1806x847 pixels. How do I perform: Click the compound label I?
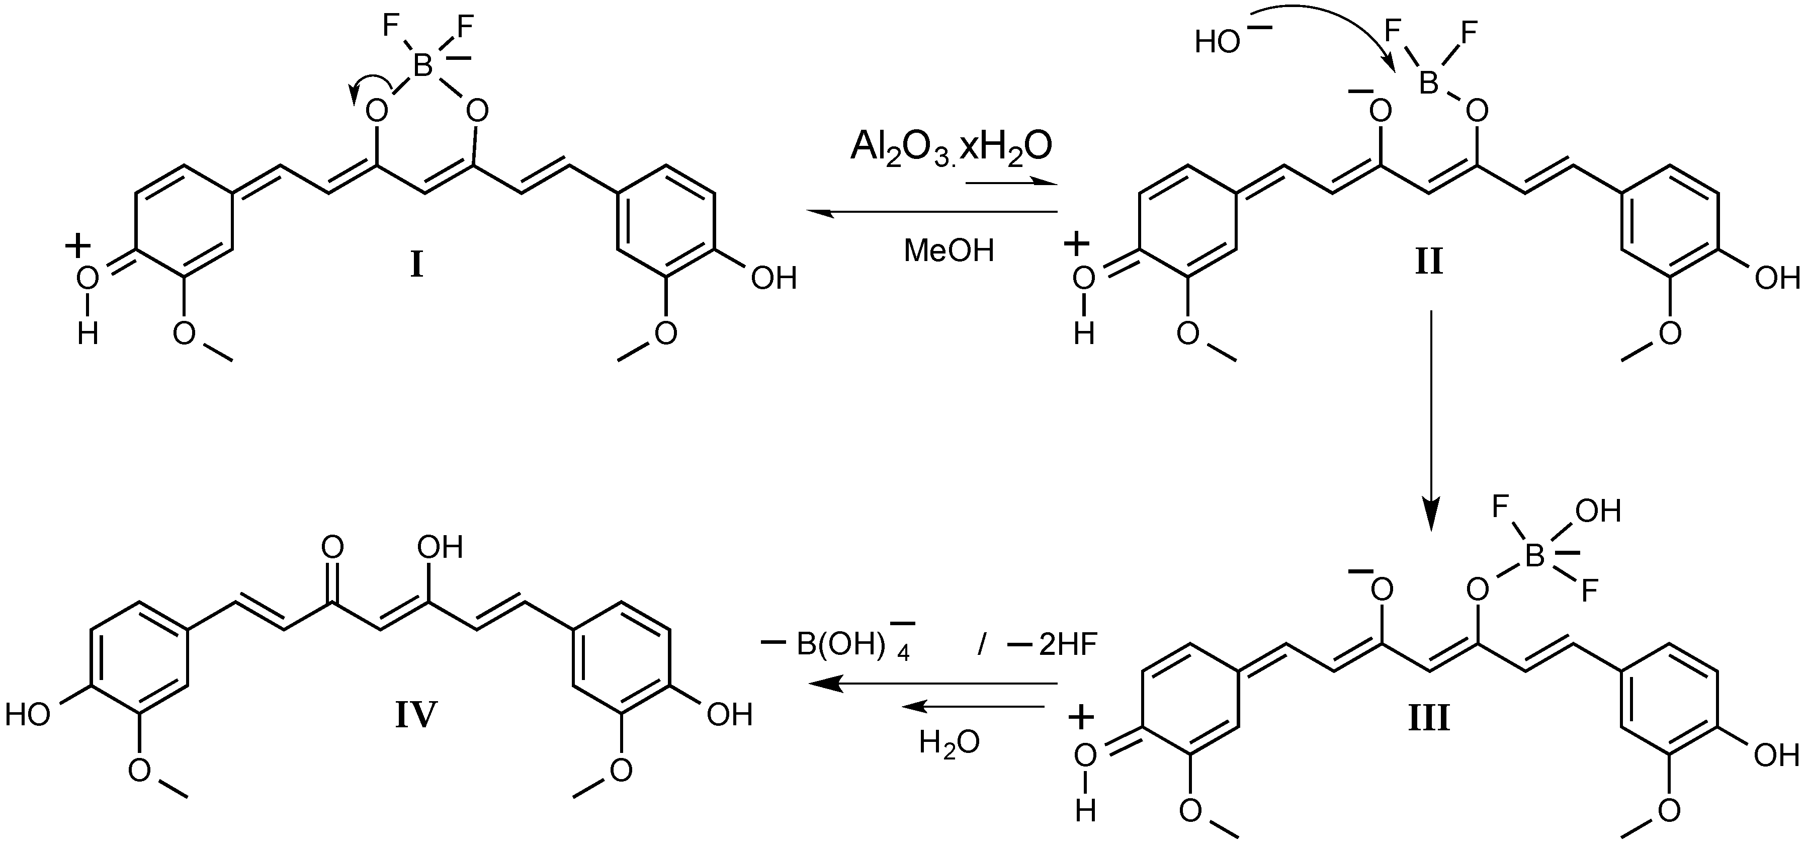pos(416,266)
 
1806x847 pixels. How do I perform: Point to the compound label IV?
pos(416,715)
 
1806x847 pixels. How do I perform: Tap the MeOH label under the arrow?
pos(949,250)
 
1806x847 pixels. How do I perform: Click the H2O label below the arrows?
pos(950,742)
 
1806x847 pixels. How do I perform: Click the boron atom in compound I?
pos(423,66)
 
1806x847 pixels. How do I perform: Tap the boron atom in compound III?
pos(1535,557)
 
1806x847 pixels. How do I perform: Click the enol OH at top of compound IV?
pos(440,547)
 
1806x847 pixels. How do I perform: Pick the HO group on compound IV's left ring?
pos(28,715)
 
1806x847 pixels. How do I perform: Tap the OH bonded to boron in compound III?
pos(1598,512)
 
